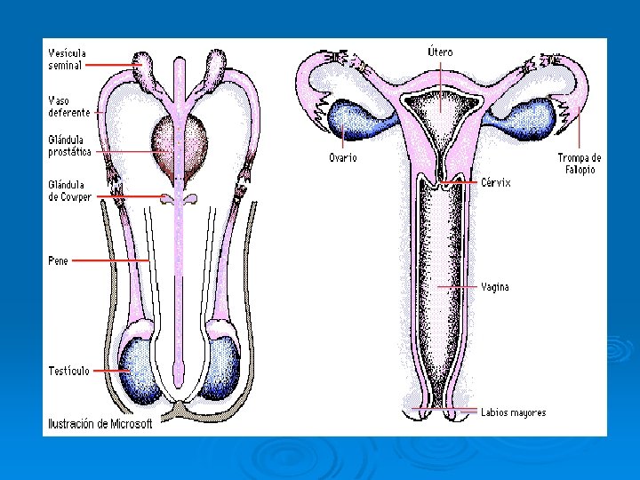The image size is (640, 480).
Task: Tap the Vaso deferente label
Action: [68, 107]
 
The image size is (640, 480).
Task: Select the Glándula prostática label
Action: [70, 146]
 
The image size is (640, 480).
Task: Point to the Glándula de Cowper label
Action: [69, 191]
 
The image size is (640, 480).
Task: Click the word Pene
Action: [58, 261]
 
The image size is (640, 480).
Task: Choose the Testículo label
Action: [68, 371]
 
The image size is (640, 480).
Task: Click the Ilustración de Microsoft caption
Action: [100, 424]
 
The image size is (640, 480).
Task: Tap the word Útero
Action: [440, 52]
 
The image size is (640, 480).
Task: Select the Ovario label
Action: [343, 157]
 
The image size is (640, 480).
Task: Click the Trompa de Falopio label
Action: [580, 164]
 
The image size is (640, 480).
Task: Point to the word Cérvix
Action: [496, 181]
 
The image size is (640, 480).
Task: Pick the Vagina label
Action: [495, 287]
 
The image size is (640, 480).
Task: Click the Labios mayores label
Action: [513, 412]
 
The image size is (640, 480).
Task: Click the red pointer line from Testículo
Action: [110, 371]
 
